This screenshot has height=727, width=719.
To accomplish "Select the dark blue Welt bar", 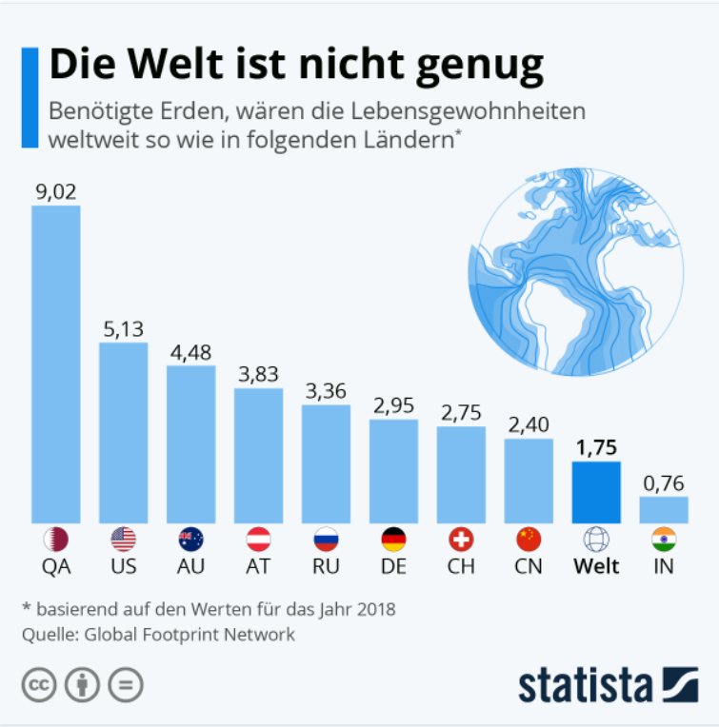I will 596,492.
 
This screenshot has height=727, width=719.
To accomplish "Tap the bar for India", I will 663,509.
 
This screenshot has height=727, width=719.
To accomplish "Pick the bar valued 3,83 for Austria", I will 258,455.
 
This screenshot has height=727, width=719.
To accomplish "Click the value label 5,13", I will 123,329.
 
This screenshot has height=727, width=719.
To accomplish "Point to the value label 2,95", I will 393,405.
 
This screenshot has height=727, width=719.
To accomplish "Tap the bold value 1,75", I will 596,448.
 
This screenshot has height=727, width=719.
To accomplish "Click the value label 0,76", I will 663,483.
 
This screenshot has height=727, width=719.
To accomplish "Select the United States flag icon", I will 124,540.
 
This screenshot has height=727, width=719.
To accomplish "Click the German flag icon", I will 393,540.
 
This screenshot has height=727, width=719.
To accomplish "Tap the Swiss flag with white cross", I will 461,540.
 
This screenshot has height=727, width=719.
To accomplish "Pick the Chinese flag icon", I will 529,540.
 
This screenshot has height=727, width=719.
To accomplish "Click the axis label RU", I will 326,567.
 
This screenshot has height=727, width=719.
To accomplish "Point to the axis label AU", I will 190,567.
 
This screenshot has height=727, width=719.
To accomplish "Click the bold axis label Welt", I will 596,567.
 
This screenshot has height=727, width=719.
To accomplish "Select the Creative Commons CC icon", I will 38,684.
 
